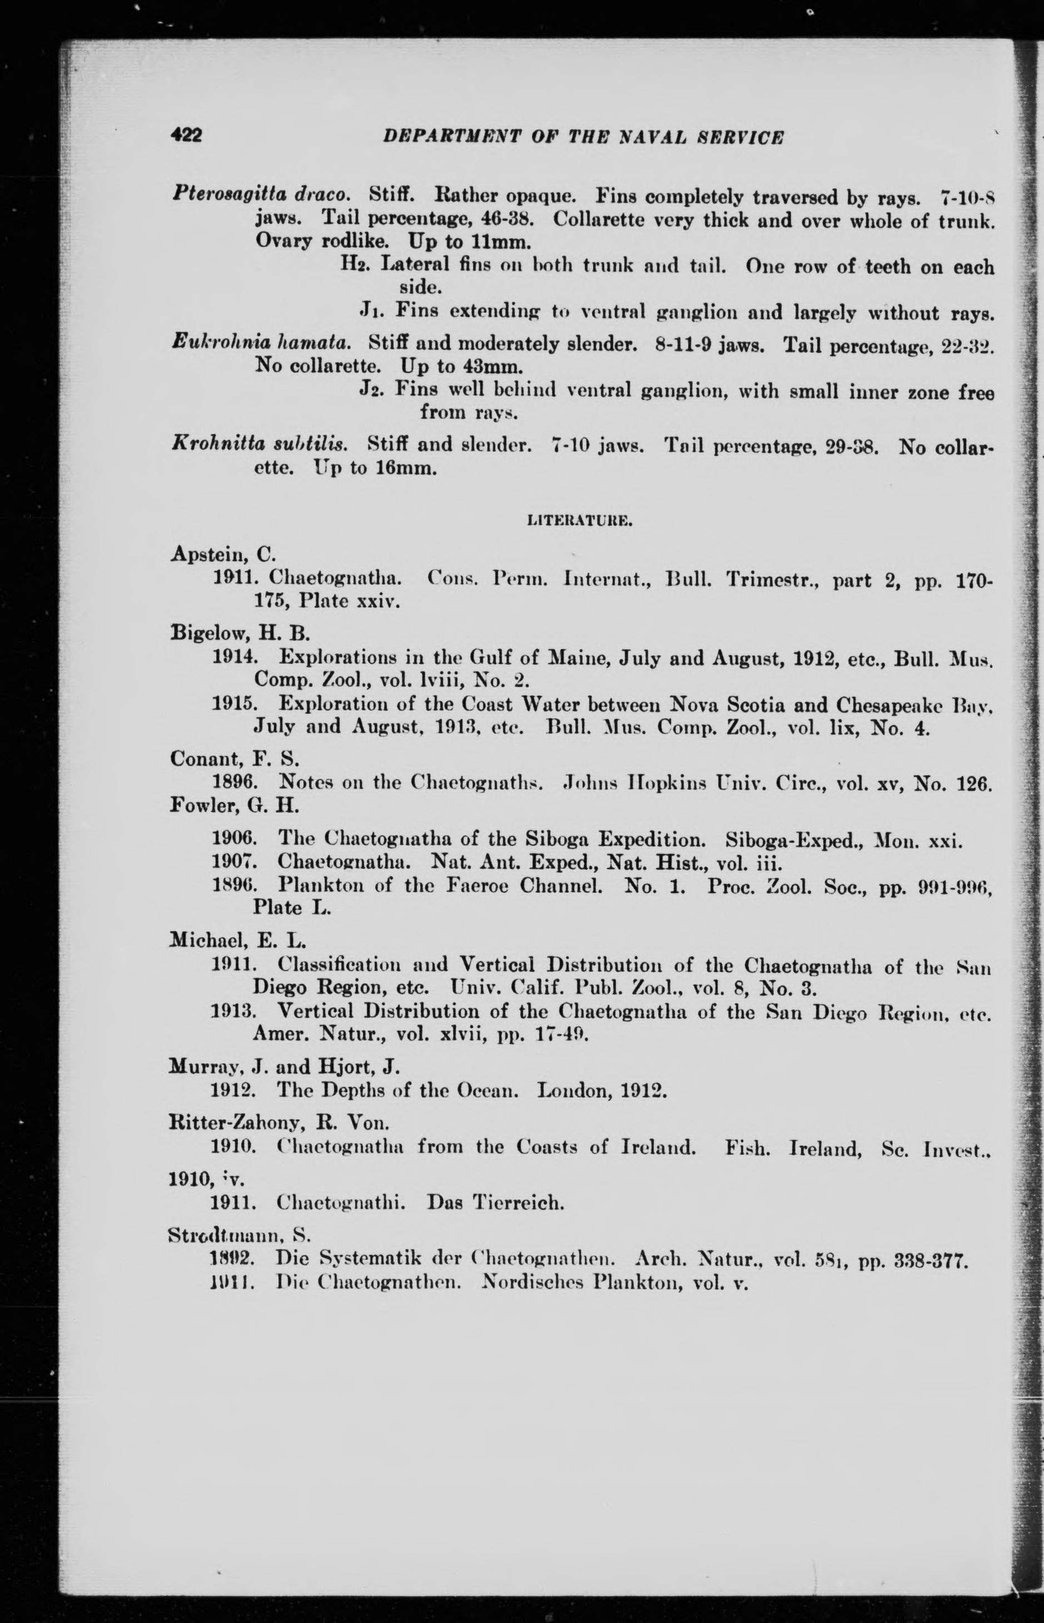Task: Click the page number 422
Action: (186, 135)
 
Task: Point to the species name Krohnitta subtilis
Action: (259, 444)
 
